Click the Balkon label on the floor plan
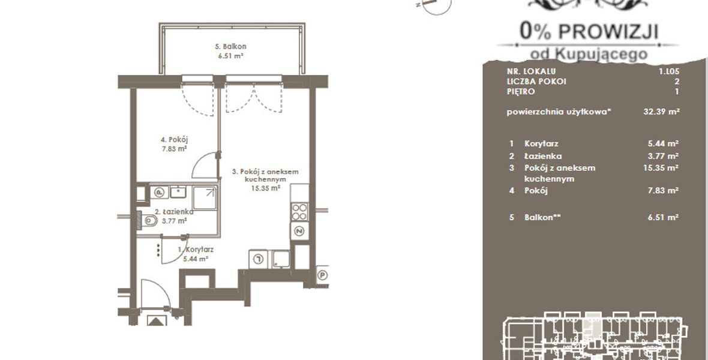coord(230,47)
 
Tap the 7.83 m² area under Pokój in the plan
coord(174,149)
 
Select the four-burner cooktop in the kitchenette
coord(300,211)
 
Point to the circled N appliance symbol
coord(299,231)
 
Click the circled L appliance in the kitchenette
coord(258,259)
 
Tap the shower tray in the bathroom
coord(205,198)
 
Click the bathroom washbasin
coord(179,192)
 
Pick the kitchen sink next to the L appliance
coord(281,259)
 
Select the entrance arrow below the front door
coord(157,322)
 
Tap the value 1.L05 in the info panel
coord(669,71)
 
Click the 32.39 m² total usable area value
coord(661,112)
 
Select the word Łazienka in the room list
coord(543,156)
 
